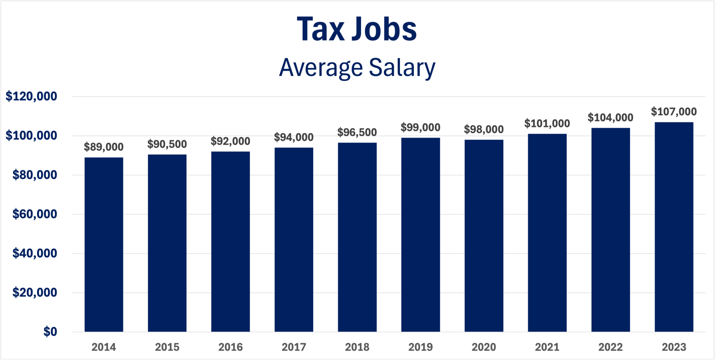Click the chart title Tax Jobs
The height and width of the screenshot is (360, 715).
pos(357,29)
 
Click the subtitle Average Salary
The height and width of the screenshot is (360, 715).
pos(357,68)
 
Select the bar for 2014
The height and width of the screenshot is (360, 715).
pos(104,244)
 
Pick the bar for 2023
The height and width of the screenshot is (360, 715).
pos(674,227)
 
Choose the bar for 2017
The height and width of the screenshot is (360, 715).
pos(294,239)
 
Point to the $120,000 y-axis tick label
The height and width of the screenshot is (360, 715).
pos(31,96)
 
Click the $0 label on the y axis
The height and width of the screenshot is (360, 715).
pos(50,331)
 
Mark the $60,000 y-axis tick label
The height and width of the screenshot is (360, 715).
pos(35,214)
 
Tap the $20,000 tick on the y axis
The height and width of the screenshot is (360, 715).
pos(35,293)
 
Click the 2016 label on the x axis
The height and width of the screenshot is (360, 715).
pos(231,347)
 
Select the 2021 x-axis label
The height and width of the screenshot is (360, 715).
pos(547,347)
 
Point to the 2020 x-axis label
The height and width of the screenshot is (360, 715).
pos(484,347)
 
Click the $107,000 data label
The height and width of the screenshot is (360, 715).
pos(673,112)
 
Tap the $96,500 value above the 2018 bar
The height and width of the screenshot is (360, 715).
pos(357,132)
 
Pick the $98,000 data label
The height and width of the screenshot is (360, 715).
pos(484,130)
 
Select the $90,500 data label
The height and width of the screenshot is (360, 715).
pos(167,144)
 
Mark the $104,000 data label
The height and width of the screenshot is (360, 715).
pos(610,117)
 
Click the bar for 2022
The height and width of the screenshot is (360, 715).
pos(610,230)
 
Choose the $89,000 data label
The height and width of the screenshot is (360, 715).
pos(104,147)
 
